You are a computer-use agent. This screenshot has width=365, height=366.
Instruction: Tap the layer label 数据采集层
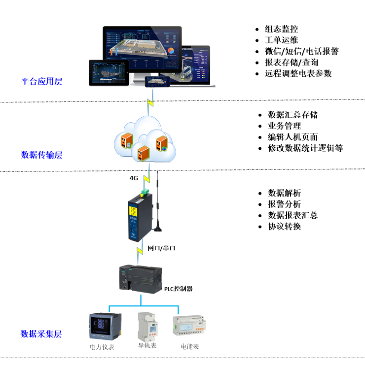pyautogui.click(x=41, y=333)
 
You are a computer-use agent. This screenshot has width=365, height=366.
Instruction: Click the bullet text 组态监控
pyautogui.click(x=281, y=30)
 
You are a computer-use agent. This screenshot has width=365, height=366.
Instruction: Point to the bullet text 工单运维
pyautogui.click(x=281, y=40)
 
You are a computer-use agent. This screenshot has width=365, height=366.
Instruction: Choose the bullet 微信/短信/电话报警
pyautogui.click(x=301, y=51)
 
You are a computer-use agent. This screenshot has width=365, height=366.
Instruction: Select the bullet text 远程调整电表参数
pyautogui.click(x=298, y=73)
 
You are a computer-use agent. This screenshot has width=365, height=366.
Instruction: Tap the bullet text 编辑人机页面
pyautogui.click(x=292, y=137)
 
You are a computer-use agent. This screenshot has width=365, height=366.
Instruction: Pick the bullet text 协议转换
pyautogui.click(x=284, y=226)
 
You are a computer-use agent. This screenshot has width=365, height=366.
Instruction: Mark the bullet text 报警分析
pyautogui.click(x=284, y=204)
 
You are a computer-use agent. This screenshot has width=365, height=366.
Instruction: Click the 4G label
pyautogui.click(x=134, y=178)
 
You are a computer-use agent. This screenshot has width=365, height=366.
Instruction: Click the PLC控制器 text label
pyautogui.click(x=178, y=289)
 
